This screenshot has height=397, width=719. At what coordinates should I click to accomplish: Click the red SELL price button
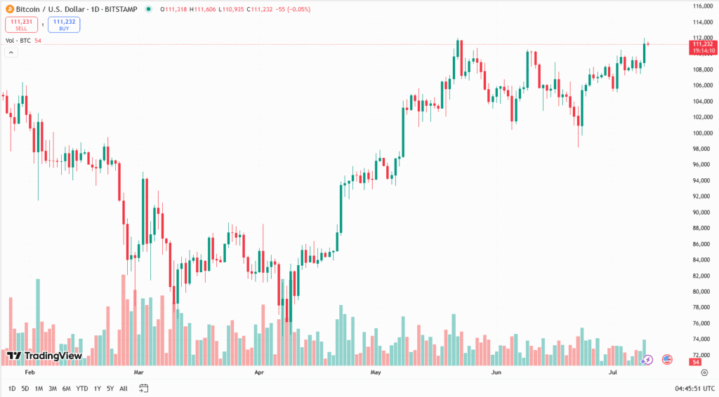click(x=21, y=25)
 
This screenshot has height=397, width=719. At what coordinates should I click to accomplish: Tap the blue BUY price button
click(x=64, y=25)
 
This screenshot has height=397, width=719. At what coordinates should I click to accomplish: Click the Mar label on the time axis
click(x=138, y=372)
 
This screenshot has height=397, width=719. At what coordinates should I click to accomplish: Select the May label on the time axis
click(x=375, y=372)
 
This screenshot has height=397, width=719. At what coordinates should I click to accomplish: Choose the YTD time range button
click(x=81, y=389)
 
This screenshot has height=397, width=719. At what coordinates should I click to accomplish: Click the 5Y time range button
click(x=110, y=389)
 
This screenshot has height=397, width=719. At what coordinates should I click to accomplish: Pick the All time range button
click(x=124, y=389)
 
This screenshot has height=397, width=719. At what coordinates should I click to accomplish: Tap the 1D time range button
click(x=12, y=389)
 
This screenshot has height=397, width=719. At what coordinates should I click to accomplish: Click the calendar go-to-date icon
click(x=143, y=389)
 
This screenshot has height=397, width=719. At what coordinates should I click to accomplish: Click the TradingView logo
click(x=44, y=356)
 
